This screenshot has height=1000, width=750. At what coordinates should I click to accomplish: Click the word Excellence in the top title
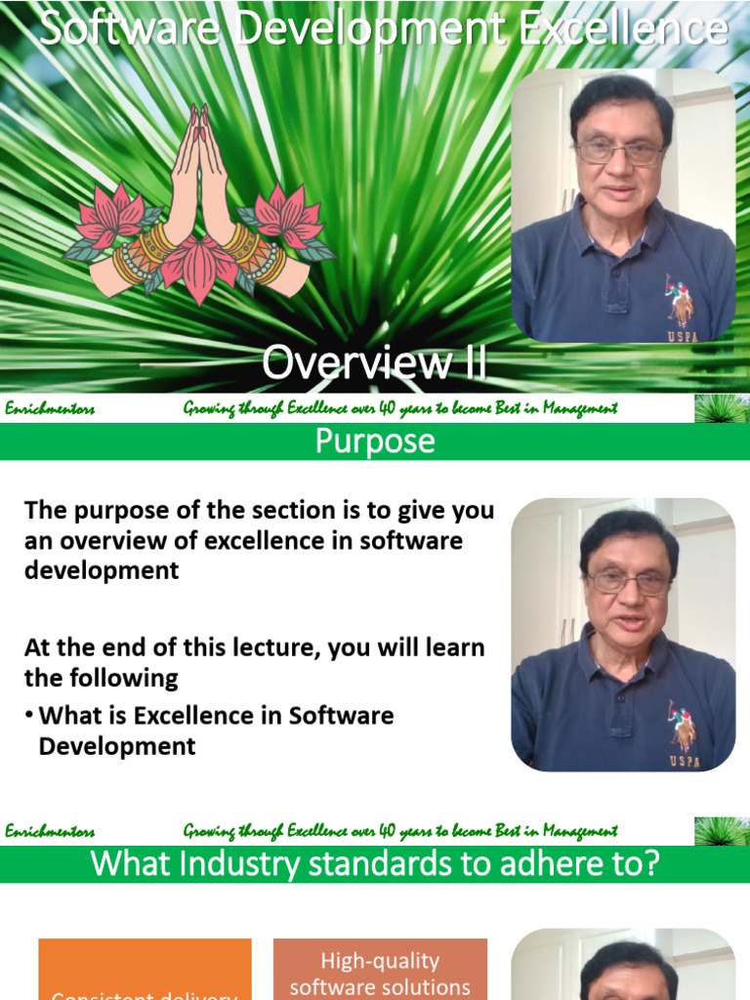[x=623, y=29]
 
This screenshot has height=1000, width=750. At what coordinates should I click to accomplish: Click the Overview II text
[x=374, y=363]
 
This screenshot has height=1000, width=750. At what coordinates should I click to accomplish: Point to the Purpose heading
[x=374, y=441]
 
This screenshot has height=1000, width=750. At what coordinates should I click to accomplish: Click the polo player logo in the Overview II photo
[x=681, y=299]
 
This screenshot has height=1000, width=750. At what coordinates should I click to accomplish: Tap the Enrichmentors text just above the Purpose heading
[x=50, y=409]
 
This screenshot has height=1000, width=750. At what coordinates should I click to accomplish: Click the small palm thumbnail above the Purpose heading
[x=722, y=408]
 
